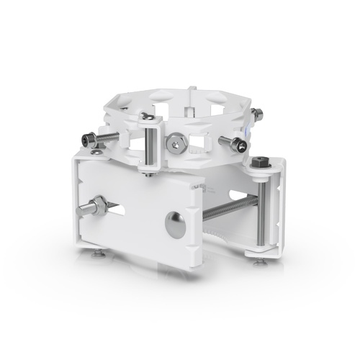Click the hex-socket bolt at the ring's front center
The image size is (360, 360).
[177, 143]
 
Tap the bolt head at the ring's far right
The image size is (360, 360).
[256, 113]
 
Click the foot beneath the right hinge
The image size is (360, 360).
[258, 261]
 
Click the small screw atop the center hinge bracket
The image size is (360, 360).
[146, 116]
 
